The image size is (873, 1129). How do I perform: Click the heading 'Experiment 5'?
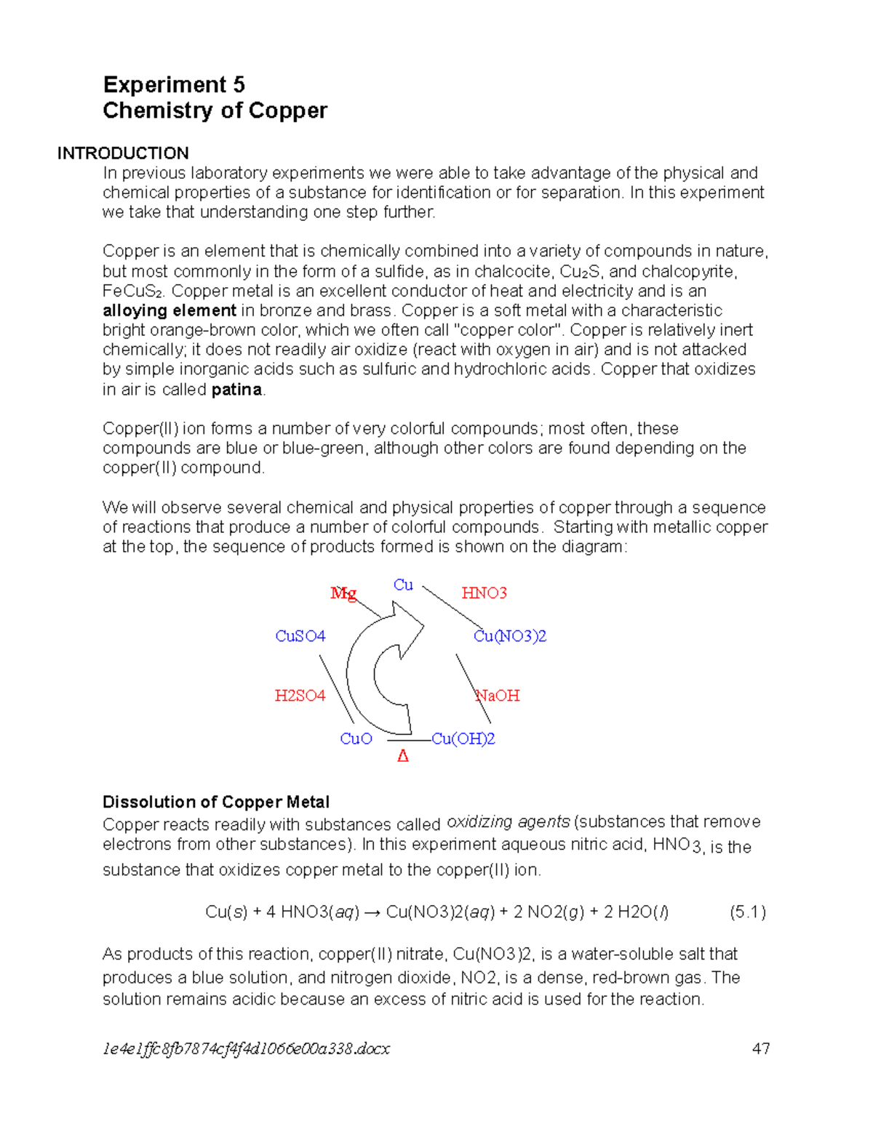point(174,85)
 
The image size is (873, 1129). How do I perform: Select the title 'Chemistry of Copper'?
point(215,111)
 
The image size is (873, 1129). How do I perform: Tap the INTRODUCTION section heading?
point(123,153)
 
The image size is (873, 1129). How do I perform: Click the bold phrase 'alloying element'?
point(169,311)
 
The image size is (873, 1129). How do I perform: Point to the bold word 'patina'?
point(236,390)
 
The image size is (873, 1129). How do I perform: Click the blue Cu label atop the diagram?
point(403,585)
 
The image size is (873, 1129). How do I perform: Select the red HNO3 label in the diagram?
point(484,593)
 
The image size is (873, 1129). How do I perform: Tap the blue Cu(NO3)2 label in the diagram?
point(510,636)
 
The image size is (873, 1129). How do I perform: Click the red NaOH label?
point(498,696)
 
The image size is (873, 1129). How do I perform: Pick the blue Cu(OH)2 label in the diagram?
point(463,739)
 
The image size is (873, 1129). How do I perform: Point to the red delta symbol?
point(403,757)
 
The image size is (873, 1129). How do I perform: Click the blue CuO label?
point(356,739)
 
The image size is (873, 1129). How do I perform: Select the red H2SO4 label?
point(300,696)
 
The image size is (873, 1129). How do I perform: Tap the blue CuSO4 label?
point(300,636)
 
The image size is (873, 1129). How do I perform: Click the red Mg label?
point(343,593)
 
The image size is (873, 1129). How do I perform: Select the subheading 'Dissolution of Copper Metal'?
point(216,802)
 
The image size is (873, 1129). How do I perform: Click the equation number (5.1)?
point(748,912)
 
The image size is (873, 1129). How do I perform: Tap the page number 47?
point(761,1048)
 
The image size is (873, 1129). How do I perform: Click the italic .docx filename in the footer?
point(246,1048)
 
